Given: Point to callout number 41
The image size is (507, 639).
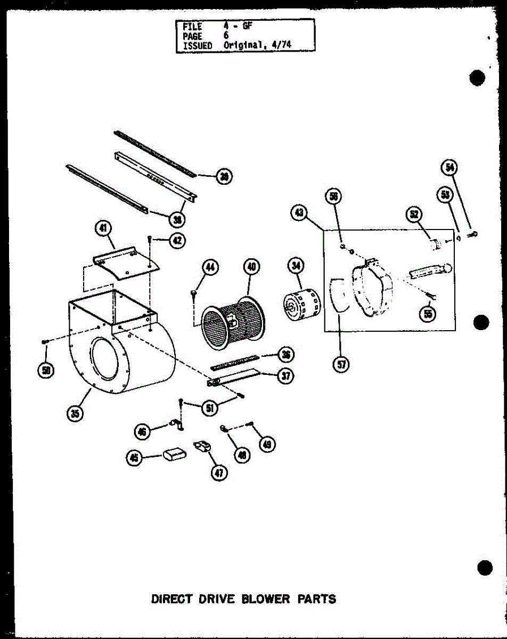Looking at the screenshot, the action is (x=102, y=229).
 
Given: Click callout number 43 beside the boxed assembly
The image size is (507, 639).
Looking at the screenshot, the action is (x=299, y=213).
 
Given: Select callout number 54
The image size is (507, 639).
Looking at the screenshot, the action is (x=449, y=168).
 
